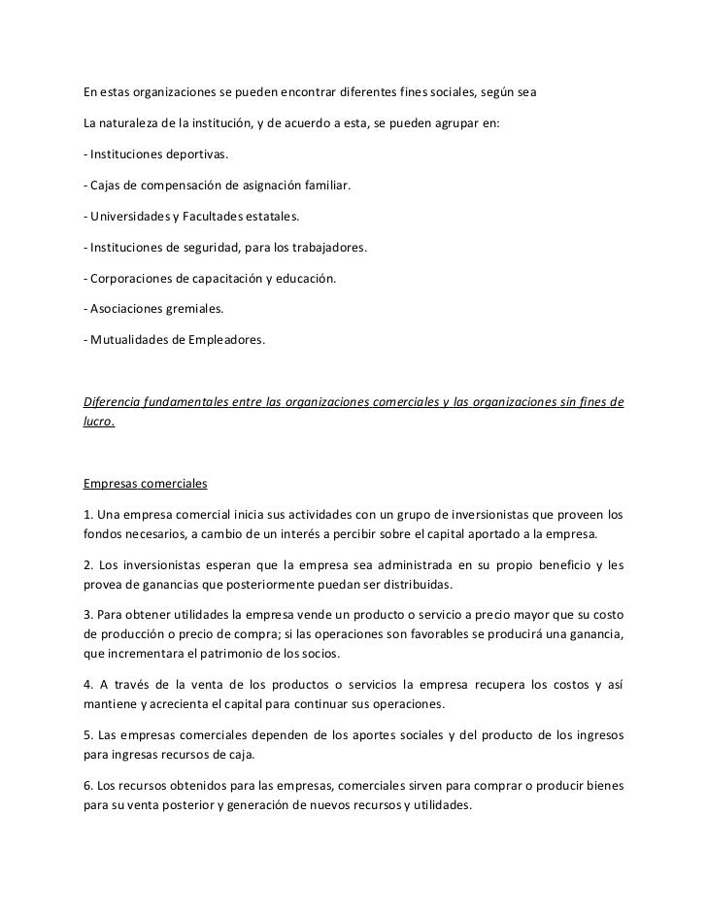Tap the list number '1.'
[88, 514]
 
